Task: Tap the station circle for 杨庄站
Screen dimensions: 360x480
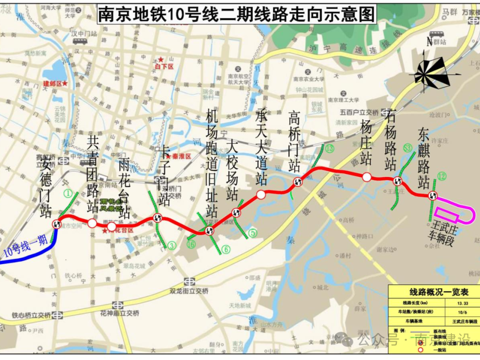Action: tap(366, 177)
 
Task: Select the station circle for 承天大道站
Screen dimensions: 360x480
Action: tap(261, 194)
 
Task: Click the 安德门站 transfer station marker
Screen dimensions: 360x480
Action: tap(57, 223)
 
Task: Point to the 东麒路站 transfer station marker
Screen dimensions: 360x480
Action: tap(432, 195)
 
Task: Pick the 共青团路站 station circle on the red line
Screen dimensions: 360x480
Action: tap(92, 223)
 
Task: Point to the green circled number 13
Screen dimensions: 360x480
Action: tap(329, 148)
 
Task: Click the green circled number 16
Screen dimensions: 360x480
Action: tap(191, 245)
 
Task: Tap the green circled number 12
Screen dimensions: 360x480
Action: tap(442, 175)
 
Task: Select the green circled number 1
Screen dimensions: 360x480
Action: tap(68, 193)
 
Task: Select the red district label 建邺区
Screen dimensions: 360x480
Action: tap(53, 84)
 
